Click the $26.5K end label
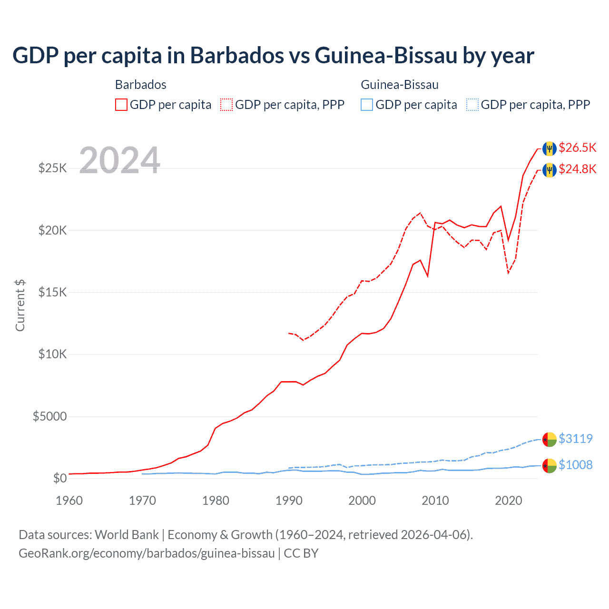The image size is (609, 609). click(x=577, y=147)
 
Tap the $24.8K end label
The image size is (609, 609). click(x=577, y=169)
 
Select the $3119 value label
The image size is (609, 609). click(x=575, y=438)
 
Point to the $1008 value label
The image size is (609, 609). click(x=575, y=464)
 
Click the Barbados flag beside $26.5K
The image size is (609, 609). click(x=550, y=148)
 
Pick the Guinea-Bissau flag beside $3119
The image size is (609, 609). click(x=550, y=439)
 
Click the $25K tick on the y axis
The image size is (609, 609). click(x=53, y=168)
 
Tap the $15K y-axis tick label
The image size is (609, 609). click(x=53, y=292)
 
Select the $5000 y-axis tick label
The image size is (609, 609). click(x=49, y=416)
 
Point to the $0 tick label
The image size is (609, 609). click(x=59, y=478)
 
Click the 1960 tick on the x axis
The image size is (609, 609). click(x=69, y=501)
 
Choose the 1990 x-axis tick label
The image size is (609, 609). click(x=289, y=501)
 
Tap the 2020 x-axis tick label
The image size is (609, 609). click(x=509, y=501)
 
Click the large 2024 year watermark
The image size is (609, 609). click(x=119, y=160)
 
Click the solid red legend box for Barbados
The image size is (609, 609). click(x=121, y=105)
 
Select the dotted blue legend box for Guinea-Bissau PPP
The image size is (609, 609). click(x=472, y=105)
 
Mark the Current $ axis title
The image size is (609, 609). click(x=20, y=305)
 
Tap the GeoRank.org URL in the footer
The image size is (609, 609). click(x=147, y=553)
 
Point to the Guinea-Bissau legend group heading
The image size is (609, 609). click(x=400, y=85)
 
